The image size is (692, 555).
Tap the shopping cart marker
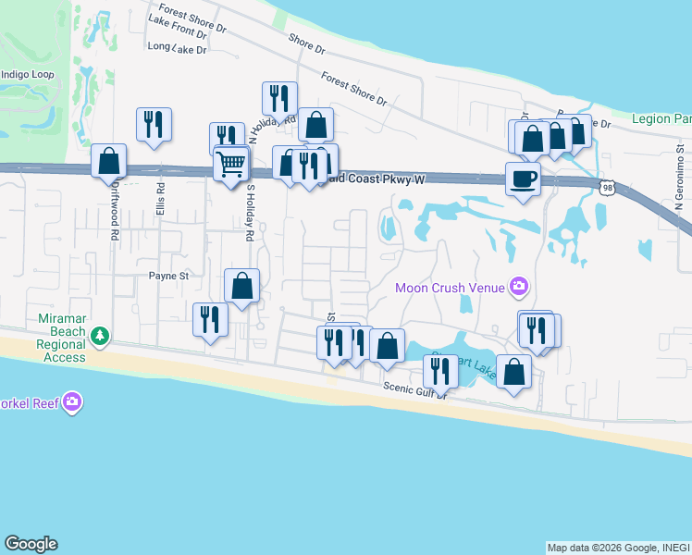pos(230,165)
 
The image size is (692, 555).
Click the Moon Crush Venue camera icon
pos(519,288)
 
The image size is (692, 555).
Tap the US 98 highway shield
pos(607,187)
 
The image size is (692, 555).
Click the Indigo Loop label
pos(28,74)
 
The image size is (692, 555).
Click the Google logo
pos(31,544)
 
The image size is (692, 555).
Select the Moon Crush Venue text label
pos(451,288)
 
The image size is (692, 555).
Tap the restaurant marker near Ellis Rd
pos(154,124)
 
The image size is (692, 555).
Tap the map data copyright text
pos(618,548)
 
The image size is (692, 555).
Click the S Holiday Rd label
pos(250,214)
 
